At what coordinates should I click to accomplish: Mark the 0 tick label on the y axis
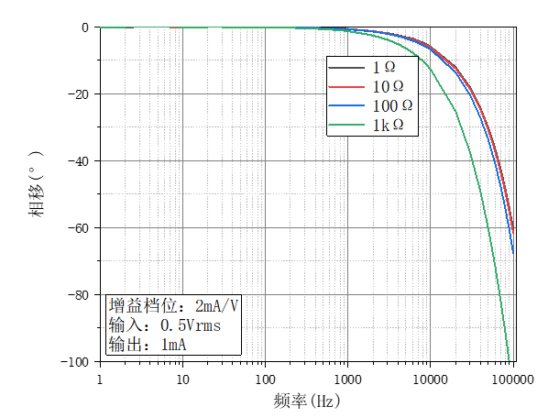[x=84, y=27]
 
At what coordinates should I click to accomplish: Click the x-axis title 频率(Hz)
[x=306, y=401]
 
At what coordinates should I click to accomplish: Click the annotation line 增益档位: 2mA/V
[x=173, y=305]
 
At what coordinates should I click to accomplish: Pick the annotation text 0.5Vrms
[x=191, y=325]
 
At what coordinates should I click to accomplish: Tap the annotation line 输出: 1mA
[x=148, y=345]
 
